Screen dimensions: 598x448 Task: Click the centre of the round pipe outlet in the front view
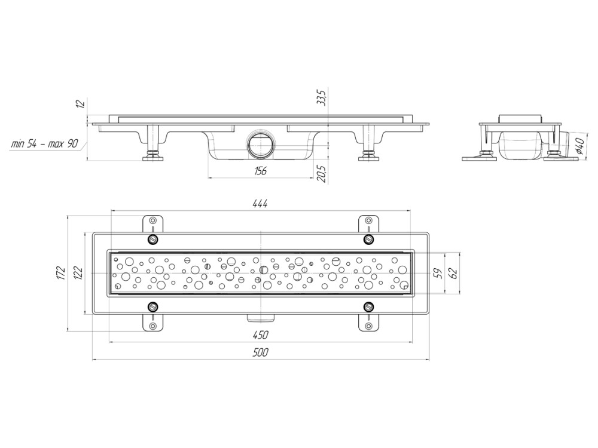click(261, 145)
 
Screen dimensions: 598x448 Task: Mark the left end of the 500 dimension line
click(92, 359)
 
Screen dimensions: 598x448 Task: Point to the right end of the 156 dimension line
click(313, 177)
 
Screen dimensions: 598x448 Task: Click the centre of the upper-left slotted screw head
click(153, 240)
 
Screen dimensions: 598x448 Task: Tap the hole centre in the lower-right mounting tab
click(368, 326)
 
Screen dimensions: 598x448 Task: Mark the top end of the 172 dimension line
click(67, 216)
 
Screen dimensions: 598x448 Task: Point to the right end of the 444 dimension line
click(410, 210)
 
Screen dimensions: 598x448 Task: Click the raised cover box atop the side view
click(520, 118)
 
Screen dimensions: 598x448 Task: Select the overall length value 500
click(261, 353)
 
